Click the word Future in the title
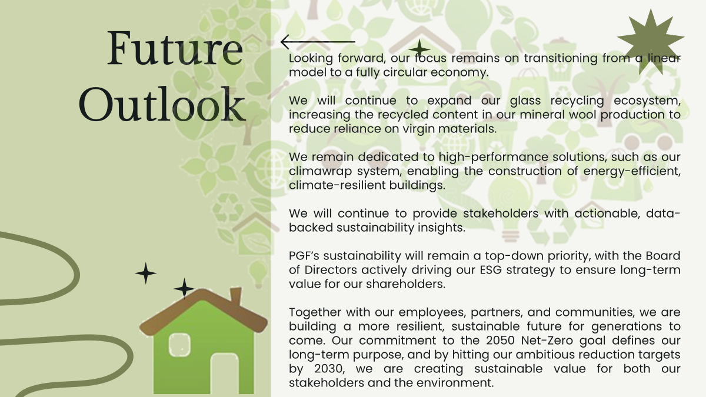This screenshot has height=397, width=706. pos(175,48)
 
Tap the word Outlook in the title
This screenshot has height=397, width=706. pos(162,104)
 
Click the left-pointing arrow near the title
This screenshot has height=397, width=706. pos(318,42)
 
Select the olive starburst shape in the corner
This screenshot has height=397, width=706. pos(651,42)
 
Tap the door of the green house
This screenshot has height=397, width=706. pos(224,373)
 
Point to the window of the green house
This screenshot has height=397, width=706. pos(179,345)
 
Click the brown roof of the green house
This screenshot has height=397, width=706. pos(204,312)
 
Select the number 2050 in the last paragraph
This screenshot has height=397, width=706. pos(500,341)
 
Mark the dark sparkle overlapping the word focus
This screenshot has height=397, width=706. pos(419,49)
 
